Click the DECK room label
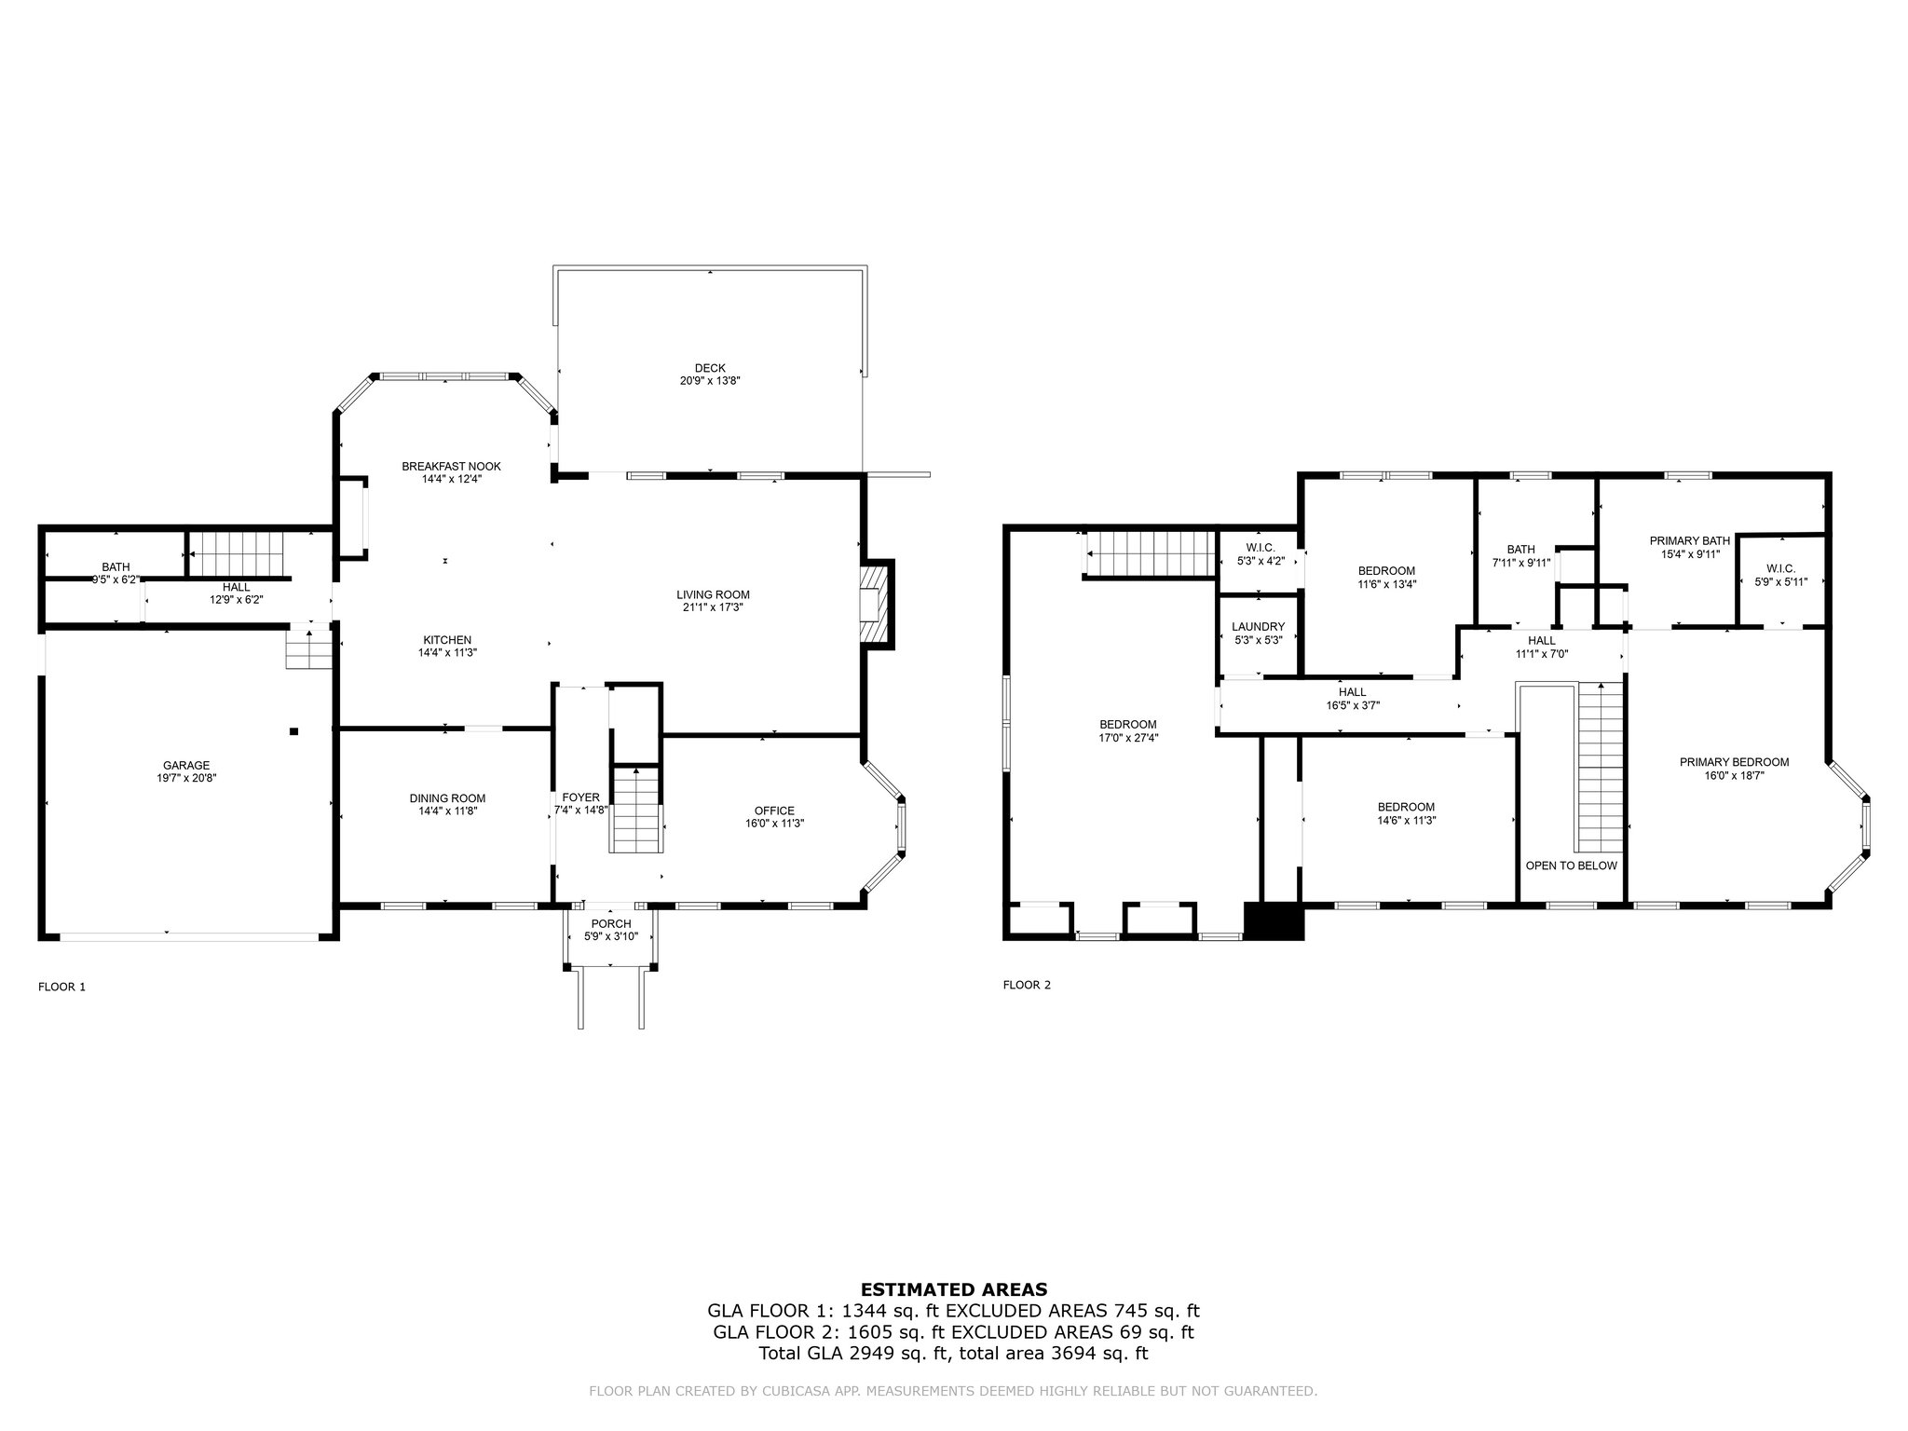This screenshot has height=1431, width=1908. pyautogui.click(x=710, y=368)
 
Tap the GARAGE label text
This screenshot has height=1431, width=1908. pyautogui.click(x=186, y=766)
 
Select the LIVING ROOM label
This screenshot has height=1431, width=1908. pyautogui.click(x=713, y=594)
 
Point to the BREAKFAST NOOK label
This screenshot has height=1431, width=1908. pyautogui.click(x=452, y=466)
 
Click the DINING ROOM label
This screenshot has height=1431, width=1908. pyautogui.click(x=447, y=798)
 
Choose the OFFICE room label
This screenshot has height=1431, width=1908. pyautogui.click(x=774, y=811)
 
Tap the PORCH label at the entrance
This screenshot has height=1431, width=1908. pyautogui.click(x=611, y=924)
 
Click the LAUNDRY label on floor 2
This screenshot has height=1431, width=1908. pyautogui.click(x=1258, y=627)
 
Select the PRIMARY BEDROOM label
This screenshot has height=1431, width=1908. pyautogui.click(x=1734, y=762)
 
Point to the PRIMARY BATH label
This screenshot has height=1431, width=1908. pyautogui.click(x=1689, y=540)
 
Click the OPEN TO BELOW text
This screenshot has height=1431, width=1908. pyautogui.click(x=1571, y=865)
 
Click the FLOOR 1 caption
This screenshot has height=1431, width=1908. pyautogui.click(x=61, y=987)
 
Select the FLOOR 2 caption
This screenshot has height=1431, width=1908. pyautogui.click(x=1027, y=985)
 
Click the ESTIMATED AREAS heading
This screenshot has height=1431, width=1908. pyautogui.click(x=954, y=1289)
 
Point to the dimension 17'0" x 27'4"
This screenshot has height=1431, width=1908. pyautogui.click(x=1127, y=737)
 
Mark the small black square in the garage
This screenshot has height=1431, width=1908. pyautogui.click(x=293, y=731)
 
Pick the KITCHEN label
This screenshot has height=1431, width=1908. pyautogui.click(x=447, y=640)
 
